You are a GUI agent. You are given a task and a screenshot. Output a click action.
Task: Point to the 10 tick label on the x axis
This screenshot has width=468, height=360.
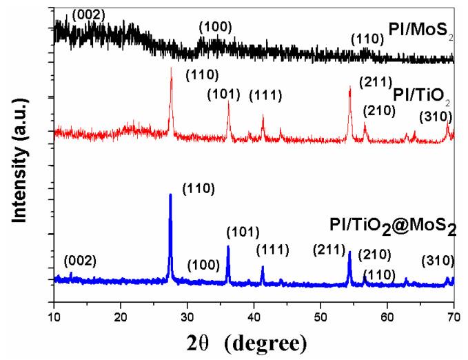coord(54,316)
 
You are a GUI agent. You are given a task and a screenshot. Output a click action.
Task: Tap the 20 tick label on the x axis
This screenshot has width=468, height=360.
coord(121,316)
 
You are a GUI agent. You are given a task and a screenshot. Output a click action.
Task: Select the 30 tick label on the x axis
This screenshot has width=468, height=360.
coord(187,316)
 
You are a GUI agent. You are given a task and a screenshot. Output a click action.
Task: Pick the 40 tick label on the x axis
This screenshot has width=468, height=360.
coord(254,316)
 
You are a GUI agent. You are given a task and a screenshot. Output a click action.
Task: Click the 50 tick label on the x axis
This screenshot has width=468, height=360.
coord(321,316)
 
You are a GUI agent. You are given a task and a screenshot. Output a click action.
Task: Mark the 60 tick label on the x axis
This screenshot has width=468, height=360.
coord(387,316)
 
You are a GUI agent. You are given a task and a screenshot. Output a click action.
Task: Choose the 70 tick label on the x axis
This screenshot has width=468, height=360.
coord(453,316)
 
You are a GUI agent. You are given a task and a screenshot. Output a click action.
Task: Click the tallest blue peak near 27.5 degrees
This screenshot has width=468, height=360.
coord(170,196)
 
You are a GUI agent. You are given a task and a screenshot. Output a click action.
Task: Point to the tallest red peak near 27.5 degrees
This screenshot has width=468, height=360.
coord(171,70)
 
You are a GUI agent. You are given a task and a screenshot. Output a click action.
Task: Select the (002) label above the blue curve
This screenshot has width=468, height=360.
coord(80,261)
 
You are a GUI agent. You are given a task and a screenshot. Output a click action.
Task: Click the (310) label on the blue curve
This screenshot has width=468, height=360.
coord(438,260)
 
